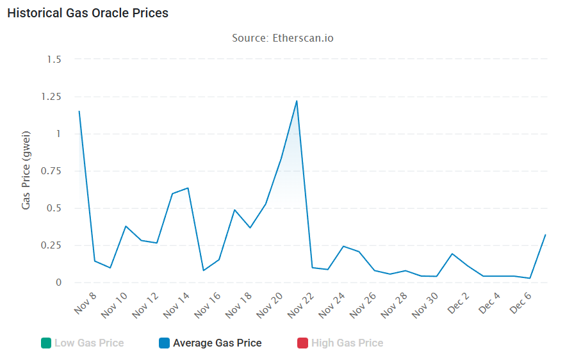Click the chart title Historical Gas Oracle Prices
pos(88,13)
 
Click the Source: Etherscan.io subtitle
pos(282,38)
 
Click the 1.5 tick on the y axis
pos(54,60)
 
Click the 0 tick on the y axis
pos(58,282)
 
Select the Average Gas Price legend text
pos(217,343)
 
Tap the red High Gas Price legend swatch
pos(303,343)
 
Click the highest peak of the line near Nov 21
pos(297,101)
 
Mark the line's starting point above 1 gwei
pos(79,111)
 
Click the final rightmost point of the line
pos(545,234)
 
